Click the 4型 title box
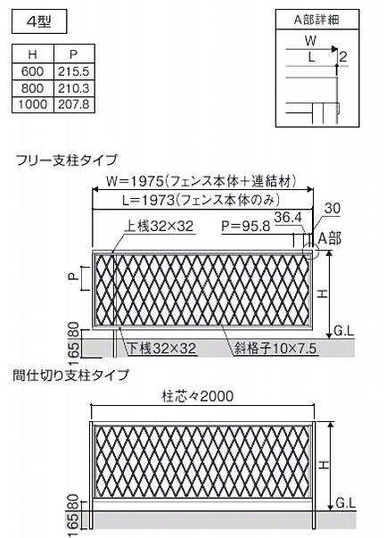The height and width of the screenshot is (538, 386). click(39, 21)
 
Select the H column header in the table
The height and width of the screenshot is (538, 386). click(33, 54)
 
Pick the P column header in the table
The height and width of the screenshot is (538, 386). click(74, 54)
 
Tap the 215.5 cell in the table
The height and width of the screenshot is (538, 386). click(74, 71)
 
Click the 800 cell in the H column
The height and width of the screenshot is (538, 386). click(33, 88)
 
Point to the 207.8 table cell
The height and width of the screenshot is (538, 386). click(74, 104)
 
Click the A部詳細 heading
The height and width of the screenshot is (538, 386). click(316, 20)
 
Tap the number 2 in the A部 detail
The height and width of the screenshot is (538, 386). click(342, 56)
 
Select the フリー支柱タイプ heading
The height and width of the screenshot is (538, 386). click(67, 161)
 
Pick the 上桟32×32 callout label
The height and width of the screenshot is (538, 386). click(159, 226)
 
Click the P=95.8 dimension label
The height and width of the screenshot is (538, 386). click(246, 226)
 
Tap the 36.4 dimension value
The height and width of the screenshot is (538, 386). click(288, 217)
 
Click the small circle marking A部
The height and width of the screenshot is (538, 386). click(310, 251)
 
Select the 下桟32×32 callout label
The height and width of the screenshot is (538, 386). click(162, 349)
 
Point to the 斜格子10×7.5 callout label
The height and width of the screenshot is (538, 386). click(275, 349)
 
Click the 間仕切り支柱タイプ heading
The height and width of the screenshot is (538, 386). click(71, 375)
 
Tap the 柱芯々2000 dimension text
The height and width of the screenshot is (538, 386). click(198, 396)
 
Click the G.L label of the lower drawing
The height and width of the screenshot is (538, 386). click(346, 503)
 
